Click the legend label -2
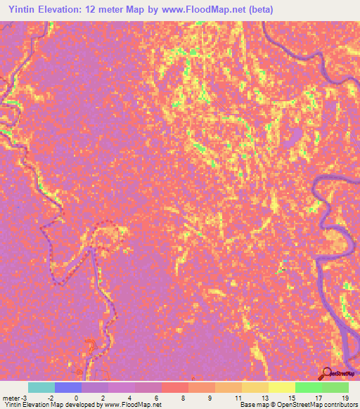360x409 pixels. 51,398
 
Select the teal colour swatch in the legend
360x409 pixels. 41,387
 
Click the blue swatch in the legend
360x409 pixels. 68,387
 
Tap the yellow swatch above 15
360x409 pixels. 281,387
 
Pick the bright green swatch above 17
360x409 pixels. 308,387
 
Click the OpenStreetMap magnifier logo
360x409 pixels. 327,372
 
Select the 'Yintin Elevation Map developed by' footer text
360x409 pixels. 52,405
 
